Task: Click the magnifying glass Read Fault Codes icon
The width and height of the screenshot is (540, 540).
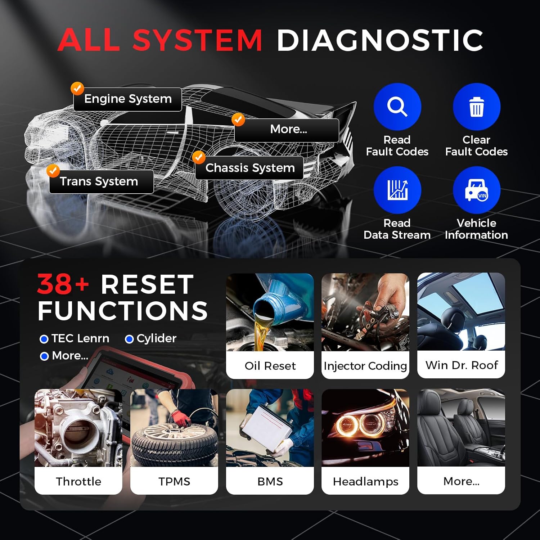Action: pyautogui.click(x=397, y=107)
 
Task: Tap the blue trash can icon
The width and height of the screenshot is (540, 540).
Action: pyautogui.click(x=476, y=107)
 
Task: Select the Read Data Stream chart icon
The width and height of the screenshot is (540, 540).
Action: pyautogui.click(x=397, y=190)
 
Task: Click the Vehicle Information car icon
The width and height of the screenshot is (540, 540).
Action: pyautogui.click(x=476, y=190)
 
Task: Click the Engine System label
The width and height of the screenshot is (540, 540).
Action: pyautogui.click(x=128, y=99)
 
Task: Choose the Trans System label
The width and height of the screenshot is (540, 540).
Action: pyautogui.click(x=99, y=181)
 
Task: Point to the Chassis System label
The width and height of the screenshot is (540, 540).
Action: pyautogui.click(x=250, y=168)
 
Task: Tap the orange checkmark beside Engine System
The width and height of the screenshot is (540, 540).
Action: pyautogui.click(x=77, y=88)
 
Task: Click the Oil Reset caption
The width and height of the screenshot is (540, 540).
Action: pyautogui.click(x=270, y=366)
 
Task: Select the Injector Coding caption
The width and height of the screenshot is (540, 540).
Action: pyautogui.click(x=365, y=366)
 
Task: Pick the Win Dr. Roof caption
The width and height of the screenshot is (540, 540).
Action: pyautogui.click(x=461, y=365)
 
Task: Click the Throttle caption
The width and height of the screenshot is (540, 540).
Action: pyautogui.click(x=78, y=481)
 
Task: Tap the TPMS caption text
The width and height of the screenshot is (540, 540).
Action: pyautogui.click(x=174, y=481)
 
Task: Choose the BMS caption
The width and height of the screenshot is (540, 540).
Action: pyautogui.click(x=270, y=481)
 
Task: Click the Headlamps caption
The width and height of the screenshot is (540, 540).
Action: pyautogui.click(x=365, y=481)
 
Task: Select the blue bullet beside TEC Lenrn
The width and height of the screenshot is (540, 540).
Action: pyautogui.click(x=44, y=339)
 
